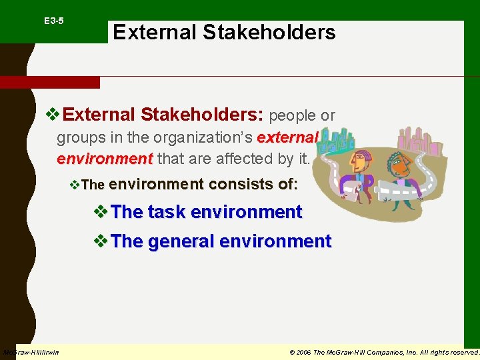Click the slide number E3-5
pos(54,21)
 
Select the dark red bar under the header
pos(49,83)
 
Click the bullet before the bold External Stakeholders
pos(53,115)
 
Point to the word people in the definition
pos(291,116)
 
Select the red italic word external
pos(287,138)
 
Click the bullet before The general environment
pos(101,241)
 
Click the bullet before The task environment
pos(101,211)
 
